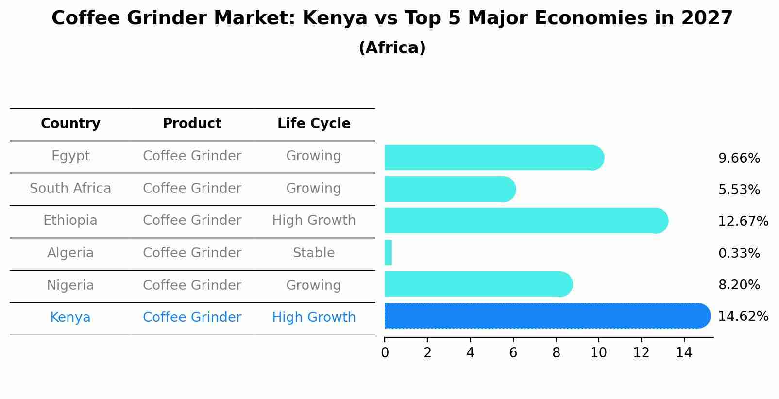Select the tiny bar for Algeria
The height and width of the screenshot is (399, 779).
388,253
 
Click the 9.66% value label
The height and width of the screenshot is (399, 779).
739,159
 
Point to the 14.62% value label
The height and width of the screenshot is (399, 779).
743,317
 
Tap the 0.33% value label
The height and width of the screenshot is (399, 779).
739,253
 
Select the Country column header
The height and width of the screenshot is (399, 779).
70,124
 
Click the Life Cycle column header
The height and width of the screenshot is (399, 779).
314,124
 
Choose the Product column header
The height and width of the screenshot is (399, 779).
192,124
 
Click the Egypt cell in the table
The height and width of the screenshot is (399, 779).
70,156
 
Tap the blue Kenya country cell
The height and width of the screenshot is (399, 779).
70,318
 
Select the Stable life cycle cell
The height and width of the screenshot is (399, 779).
314,253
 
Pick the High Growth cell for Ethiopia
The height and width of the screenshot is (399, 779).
314,221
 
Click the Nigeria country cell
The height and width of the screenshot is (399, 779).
70,285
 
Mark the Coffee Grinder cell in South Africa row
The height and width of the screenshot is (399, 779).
192,188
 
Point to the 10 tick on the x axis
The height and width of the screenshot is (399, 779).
598,352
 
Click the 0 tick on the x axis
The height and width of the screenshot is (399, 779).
385,352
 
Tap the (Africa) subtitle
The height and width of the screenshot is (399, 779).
392,48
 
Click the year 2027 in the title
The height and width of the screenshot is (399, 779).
707,18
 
